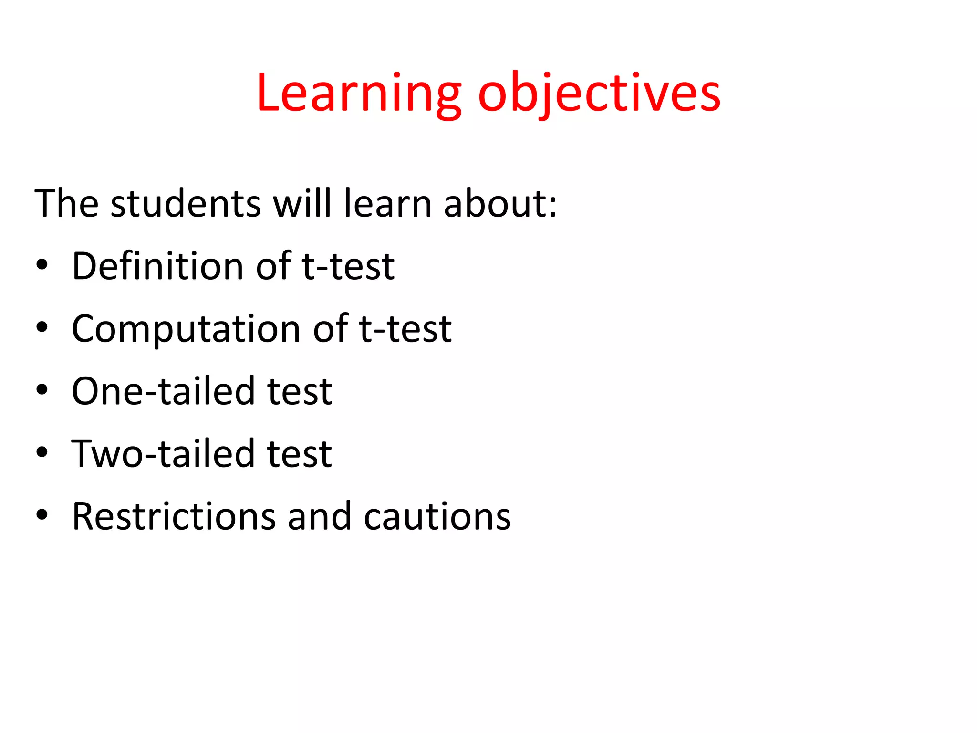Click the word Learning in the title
point(359,94)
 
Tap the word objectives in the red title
point(599,94)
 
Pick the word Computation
point(186,329)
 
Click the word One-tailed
point(163,391)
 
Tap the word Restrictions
point(174,516)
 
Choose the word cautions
point(437,516)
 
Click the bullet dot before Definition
point(42,265)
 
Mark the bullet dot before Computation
point(42,328)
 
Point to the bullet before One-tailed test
point(42,390)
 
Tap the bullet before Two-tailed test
point(42,453)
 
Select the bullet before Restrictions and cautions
point(42,515)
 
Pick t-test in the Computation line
point(405,329)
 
